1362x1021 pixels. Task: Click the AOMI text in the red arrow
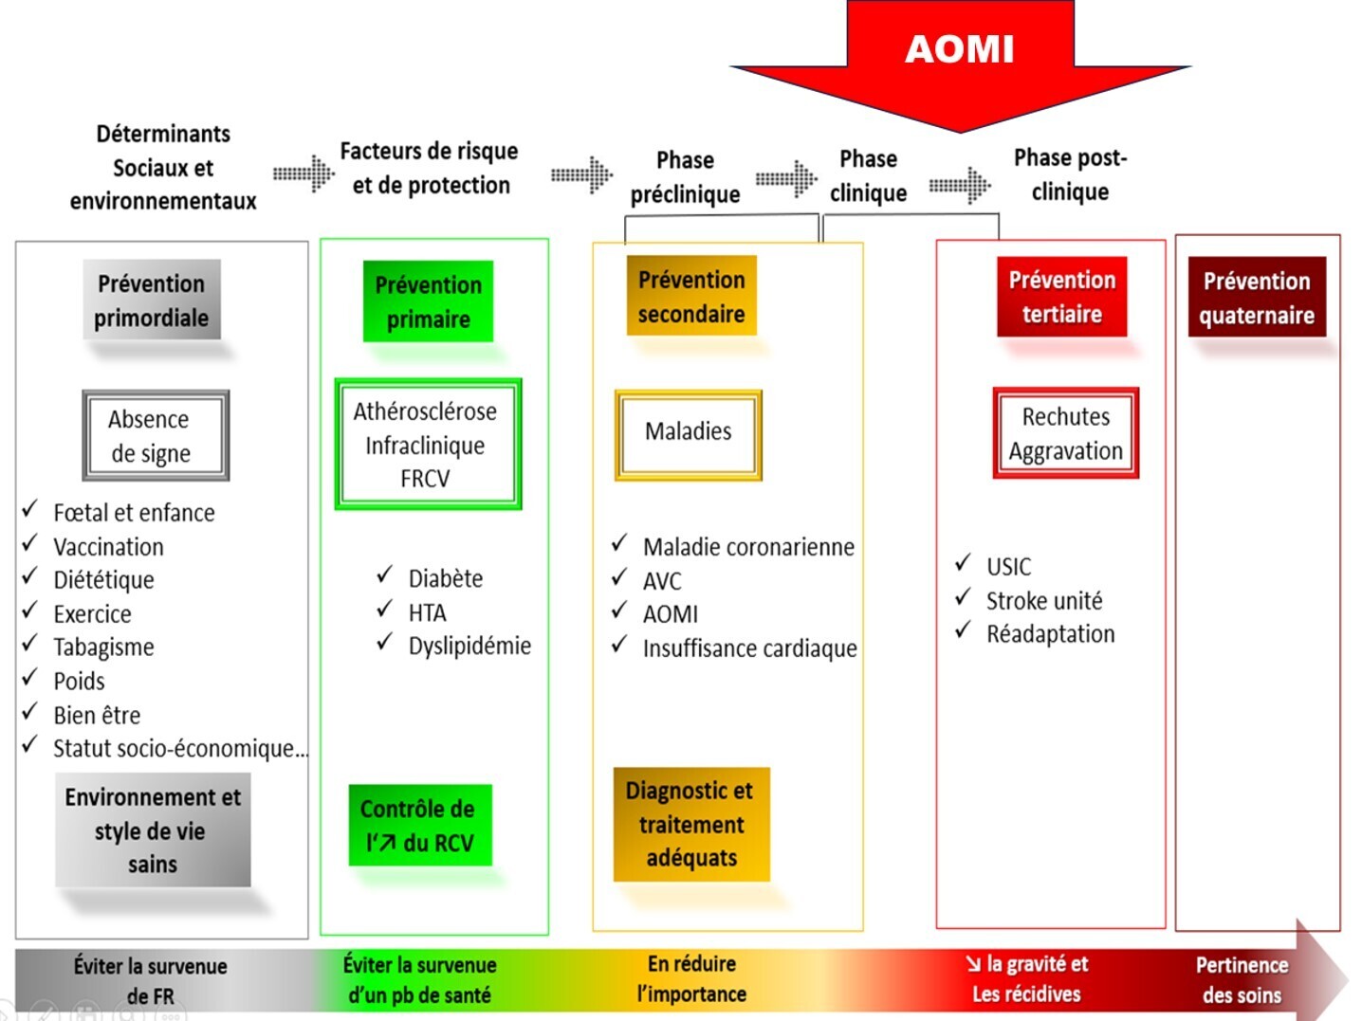tap(959, 48)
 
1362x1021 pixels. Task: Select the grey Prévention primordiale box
tap(152, 300)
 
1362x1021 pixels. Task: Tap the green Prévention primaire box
tap(428, 301)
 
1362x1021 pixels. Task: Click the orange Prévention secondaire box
tap(691, 296)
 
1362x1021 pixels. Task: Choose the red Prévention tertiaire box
tap(1061, 297)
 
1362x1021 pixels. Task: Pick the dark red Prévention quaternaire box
tap(1257, 297)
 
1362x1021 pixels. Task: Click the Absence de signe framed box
tap(156, 435)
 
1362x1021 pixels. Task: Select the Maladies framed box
tap(689, 435)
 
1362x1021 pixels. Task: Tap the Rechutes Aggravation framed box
tap(1065, 432)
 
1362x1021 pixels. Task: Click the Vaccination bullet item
tap(108, 547)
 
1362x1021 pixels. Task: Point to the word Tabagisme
tap(103, 647)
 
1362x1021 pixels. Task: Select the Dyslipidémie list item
tap(469, 646)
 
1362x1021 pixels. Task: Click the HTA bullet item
tap(428, 612)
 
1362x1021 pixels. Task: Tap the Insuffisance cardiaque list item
tap(749, 648)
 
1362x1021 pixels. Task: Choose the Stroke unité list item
tap(1044, 601)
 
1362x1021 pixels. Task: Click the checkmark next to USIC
tap(963, 563)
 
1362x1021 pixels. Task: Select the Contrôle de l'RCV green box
tap(420, 825)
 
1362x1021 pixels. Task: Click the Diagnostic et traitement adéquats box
tap(691, 825)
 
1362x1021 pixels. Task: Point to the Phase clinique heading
tap(868, 176)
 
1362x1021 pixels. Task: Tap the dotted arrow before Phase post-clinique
tap(959, 185)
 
